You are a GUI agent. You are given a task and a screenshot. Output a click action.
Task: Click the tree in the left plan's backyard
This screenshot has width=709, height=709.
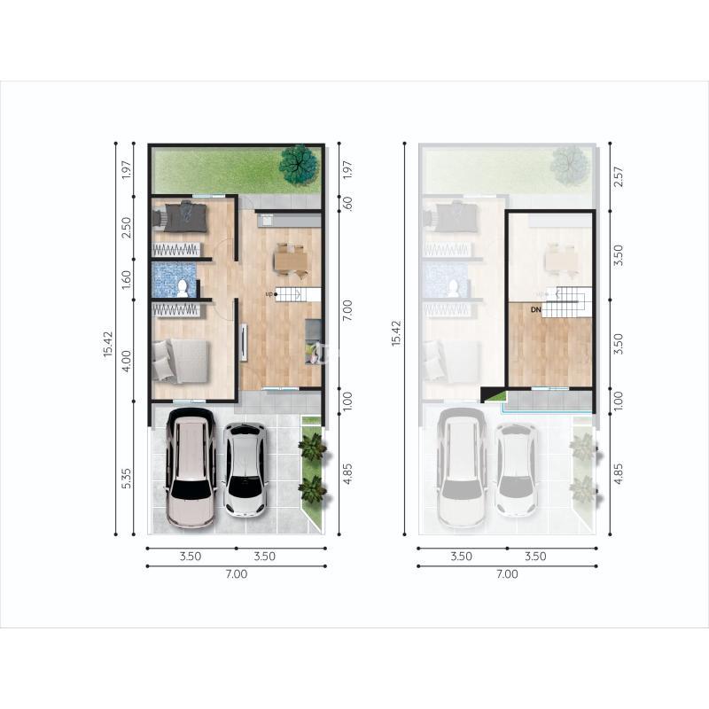coord(298,165)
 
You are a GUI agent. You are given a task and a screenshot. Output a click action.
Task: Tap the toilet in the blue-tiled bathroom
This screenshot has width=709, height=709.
coord(183,288)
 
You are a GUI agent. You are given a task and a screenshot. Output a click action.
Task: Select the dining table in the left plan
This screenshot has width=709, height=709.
coord(291,261)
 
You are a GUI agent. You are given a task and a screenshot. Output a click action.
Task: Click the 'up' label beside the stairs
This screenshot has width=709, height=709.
coord(269,294)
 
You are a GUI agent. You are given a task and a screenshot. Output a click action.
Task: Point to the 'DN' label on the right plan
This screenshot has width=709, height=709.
coord(535,309)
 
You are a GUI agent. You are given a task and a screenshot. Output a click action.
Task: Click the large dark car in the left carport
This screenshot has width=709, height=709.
coord(191,468)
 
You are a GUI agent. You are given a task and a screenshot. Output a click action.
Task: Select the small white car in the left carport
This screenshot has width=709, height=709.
coord(245,470)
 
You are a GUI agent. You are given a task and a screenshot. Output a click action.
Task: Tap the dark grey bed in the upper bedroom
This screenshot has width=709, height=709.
coord(181,217)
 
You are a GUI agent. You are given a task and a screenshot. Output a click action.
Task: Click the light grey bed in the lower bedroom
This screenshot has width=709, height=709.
coord(181,361)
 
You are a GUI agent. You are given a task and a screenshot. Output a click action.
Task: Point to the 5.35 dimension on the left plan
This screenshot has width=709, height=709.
coord(126,478)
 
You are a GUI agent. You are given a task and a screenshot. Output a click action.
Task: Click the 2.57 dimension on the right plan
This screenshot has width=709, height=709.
coord(618,176)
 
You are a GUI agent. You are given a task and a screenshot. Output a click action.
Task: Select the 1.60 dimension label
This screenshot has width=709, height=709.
coord(126,280)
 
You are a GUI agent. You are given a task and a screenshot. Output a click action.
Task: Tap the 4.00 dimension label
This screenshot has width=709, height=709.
coord(126,362)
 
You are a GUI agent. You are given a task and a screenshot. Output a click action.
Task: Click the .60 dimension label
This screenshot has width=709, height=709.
coord(347,204)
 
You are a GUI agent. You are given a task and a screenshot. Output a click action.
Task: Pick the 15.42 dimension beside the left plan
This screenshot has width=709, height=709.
coord(108,344)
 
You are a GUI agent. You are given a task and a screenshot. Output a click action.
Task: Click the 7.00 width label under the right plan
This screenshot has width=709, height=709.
coord(507,574)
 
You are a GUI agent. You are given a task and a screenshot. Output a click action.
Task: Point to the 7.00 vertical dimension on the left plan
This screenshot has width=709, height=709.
coord(347,311)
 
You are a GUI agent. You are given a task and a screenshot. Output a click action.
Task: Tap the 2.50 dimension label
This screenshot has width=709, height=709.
coord(126,228)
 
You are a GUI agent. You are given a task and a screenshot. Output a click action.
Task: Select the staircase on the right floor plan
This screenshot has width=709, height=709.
coord(567,301)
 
